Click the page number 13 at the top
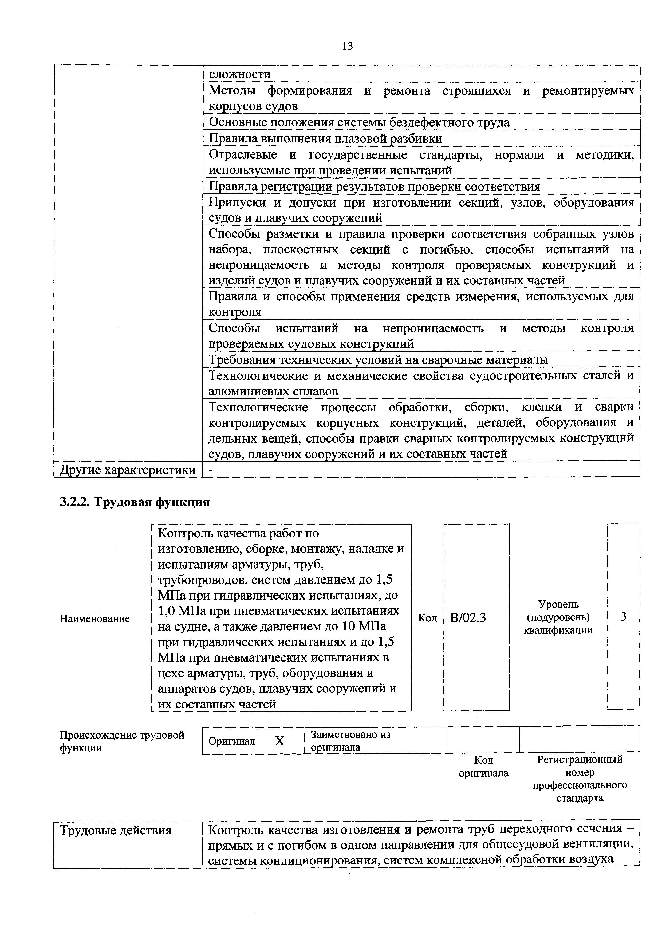click(348, 46)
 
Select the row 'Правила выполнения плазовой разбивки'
click(325, 138)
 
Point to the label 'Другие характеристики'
click(128, 470)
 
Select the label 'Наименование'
click(95, 618)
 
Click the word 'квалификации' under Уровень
click(558, 630)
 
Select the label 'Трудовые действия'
click(116, 830)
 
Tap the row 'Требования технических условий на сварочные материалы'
click(378, 360)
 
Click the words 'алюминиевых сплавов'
click(273, 391)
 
